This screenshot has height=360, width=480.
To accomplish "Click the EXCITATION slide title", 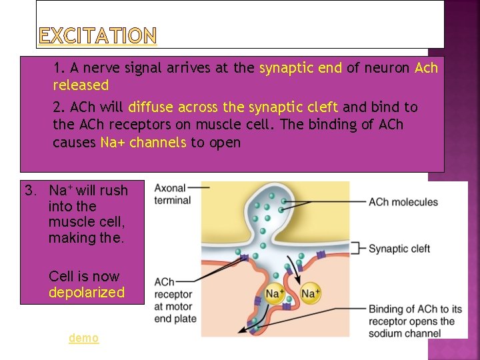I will (97, 35).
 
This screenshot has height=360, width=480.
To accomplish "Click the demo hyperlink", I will (83, 338).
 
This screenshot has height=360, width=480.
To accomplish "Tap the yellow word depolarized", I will (86, 293).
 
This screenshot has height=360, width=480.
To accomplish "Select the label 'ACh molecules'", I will (403, 202).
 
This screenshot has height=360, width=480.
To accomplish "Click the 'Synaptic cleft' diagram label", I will (399, 249).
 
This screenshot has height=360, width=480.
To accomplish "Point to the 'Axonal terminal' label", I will (172, 194).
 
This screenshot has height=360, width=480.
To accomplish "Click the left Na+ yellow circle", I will (275, 293).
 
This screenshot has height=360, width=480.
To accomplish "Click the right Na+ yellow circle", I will (311, 293).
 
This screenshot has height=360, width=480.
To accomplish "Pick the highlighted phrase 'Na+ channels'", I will (143, 143).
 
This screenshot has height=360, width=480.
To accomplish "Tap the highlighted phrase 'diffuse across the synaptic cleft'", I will (233, 107).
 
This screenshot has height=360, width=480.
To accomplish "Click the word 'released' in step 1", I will (81, 85).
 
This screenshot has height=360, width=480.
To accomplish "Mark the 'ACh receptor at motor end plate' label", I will (175, 300).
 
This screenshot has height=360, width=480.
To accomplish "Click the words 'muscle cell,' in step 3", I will (86, 222).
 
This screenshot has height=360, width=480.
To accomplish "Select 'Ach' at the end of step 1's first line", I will (426, 68).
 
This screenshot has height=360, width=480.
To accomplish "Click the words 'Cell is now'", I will (84, 277).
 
